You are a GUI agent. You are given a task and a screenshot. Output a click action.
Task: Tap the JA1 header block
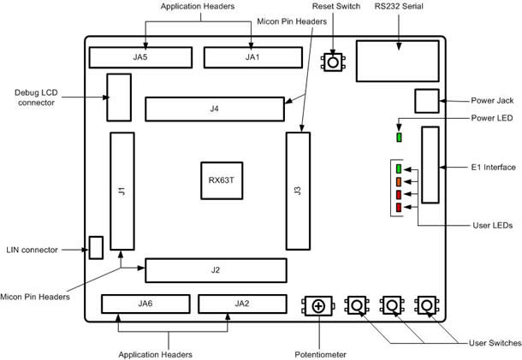[x=252, y=57]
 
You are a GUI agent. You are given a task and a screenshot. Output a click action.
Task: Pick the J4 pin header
[x=215, y=109]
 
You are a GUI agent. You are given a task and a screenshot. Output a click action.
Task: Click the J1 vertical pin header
[x=122, y=191]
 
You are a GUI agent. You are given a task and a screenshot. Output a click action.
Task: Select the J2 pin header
[x=215, y=270]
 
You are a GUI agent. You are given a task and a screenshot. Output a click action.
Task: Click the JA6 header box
[x=145, y=304]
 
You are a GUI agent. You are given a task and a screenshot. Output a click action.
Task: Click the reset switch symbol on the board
[x=332, y=62]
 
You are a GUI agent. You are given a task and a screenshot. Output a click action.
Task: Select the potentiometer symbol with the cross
[x=318, y=305]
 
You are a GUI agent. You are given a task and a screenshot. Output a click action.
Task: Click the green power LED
[x=399, y=136]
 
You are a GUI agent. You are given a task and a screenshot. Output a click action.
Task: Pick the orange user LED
[x=399, y=182]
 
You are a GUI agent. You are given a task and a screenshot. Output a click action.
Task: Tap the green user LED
[x=399, y=169]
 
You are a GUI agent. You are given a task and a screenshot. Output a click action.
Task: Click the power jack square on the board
[x=426, y=101]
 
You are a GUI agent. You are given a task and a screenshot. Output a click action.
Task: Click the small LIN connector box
[x=96, y=248]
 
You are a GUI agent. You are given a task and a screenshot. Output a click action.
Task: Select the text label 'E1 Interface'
[x=492, y=166]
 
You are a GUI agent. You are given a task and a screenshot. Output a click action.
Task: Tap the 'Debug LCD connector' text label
[x=35, y=97]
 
